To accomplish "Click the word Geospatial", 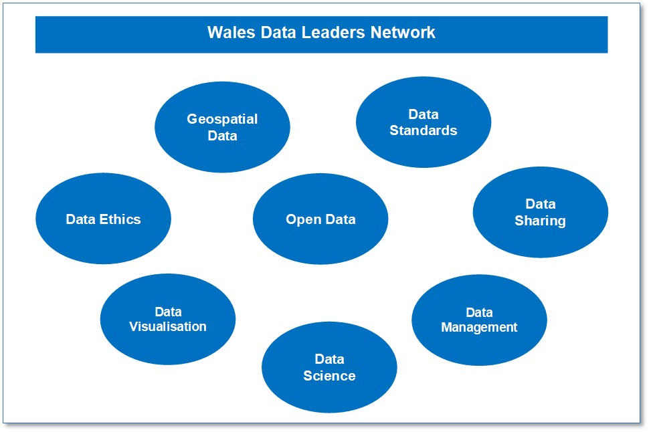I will click(222, 120).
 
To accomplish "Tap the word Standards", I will click(424, 130).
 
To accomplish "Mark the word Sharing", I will click(540, 221).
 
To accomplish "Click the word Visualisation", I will click(168, 327).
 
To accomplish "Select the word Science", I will click(329, 376).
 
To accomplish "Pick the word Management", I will click(479, 328).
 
